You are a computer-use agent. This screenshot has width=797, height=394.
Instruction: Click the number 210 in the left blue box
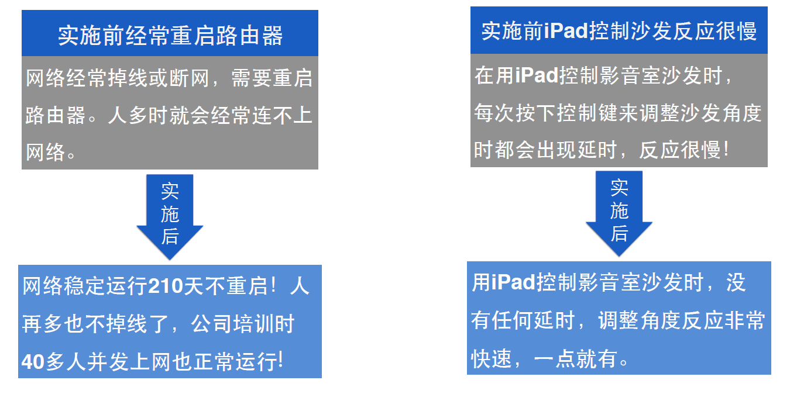166,287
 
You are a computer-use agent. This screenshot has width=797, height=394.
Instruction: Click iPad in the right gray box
537,76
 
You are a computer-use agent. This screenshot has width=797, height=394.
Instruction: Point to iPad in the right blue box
514,283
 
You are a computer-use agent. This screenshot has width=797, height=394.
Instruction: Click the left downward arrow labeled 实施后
170,216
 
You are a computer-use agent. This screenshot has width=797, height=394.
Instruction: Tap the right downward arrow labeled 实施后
619,213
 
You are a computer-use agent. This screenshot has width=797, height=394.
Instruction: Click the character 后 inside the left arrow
170,237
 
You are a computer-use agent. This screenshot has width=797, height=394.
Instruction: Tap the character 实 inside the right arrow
619,188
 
